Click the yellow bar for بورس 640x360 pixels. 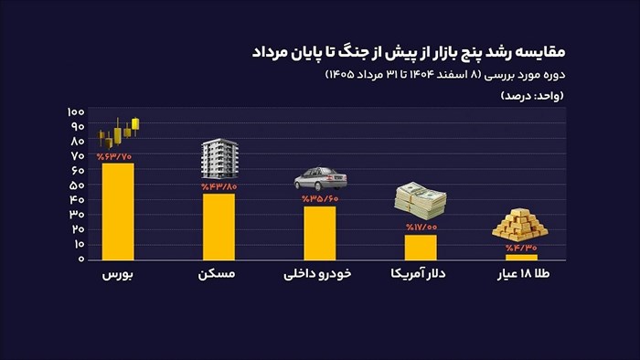pyautogui.click(x=118, y=212)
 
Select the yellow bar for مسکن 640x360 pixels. pyautogui.click(x=219, y=227)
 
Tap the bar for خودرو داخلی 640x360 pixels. pyautogui.click(x=320, y=233)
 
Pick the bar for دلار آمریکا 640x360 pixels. pyautogui.click(x=421, y=248)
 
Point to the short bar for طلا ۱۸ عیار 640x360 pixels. pyautogui.click(x=522, y=258)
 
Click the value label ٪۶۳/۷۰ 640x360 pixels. pyautogui.click(x=114, y=156)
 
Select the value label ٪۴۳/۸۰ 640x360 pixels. pyautogui.click(x=219, y=187)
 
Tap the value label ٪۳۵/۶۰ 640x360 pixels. pyautogui.click(x=320, y=199)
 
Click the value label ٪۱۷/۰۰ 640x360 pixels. pyautogui.click(x=421, y=228)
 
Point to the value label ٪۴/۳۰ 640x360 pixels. pyautogui.click(x=521, y=248)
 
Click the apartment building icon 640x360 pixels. pyautogui.click(x=219, y=159)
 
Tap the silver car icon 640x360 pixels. pyautogui.click(x=321, y=178)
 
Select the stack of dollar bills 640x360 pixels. pyautogui.click(x=421, y=201)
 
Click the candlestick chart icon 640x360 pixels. pyautogui.click(x=119, y=132)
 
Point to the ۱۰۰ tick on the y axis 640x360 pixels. pyautogui.click(x=76, y=111)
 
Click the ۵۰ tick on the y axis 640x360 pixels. pyautogui.click(x=77, y=185)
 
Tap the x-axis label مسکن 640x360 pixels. pyautogui.click(x=217, y=273)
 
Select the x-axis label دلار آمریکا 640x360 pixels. pyautogui.click(x=418, y=273)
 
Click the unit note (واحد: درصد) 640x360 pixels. pyautogui.click(x=532, y=96)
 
